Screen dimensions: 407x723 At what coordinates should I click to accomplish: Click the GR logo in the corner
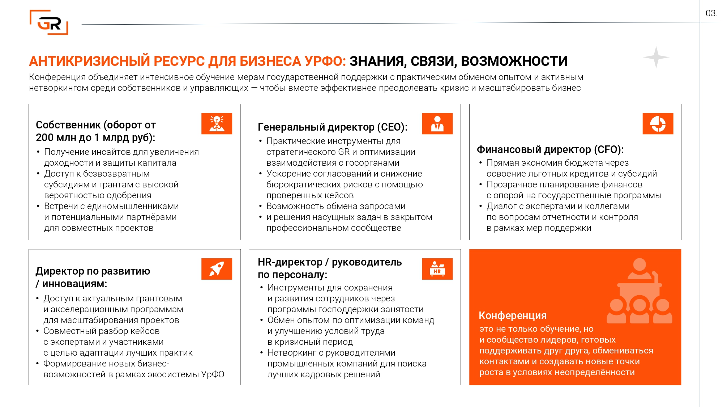point(49,22)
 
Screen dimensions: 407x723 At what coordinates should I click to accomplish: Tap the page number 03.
point(711,13)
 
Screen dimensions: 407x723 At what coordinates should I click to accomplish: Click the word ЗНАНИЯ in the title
point(376,61)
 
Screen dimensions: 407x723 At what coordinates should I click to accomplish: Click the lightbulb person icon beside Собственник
point(217,124)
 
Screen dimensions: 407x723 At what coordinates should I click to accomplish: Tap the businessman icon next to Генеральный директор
point(437,124)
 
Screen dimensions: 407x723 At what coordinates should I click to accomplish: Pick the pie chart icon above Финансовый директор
point(658,124)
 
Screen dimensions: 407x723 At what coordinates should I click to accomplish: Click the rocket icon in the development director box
point(217,269)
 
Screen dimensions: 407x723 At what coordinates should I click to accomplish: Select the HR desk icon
point(437,269)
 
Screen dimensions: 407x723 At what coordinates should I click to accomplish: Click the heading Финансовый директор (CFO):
point(550,149)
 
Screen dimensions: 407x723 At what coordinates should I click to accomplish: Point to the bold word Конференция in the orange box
point(513,315)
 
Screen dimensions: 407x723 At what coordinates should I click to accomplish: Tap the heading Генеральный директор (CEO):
point(332,127)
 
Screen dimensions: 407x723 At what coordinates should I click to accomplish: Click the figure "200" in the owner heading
point(44,137)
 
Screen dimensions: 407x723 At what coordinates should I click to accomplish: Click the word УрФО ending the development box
point(213,374)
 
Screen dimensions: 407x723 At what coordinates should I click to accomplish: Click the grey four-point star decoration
point(656,58)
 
